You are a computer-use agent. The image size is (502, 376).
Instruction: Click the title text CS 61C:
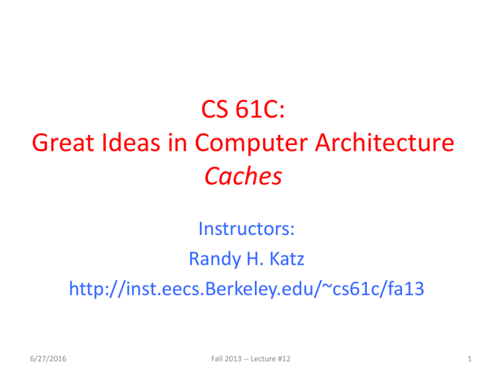(x=243, y=109)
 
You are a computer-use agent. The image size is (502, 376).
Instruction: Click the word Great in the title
(x=63, y=142)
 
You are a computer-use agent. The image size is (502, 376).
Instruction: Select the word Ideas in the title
(x=131, y=142)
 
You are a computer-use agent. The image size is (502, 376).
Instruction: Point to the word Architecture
(x=384, y=142)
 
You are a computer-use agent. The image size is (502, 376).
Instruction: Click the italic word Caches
(x=243, y=176)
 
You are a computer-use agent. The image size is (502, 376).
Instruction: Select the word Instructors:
(x=246, y=229)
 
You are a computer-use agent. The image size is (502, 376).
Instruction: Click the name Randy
(x=215, y=260)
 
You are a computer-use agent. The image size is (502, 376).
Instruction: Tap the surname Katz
(x=287, y=258)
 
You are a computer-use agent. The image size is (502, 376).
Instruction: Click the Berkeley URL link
(x=246, y=289)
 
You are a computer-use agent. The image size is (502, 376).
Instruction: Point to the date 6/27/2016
(x=48, y=359)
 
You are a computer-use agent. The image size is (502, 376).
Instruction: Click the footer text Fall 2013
(x=226, y=359)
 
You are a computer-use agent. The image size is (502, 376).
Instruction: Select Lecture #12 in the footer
(x=271, y=359)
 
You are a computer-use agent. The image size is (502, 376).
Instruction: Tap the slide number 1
(x=469, y=359)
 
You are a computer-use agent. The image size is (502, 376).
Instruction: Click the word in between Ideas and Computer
(x=177, y=142)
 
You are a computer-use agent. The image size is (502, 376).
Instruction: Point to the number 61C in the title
(x=260, y=109)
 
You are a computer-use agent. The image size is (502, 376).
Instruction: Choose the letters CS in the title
(x=214, y=109)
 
